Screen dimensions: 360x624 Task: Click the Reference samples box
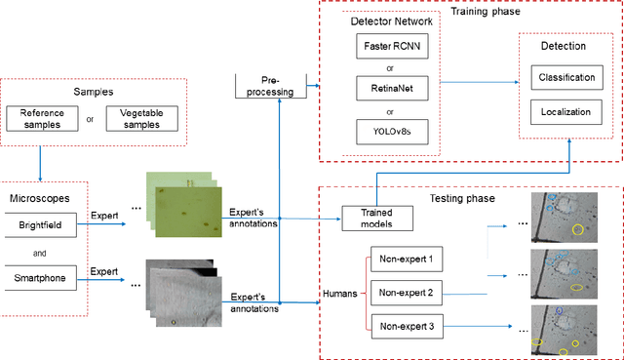(42, 118)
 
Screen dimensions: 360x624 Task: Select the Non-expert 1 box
(408, 260)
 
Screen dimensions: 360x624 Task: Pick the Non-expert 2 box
(408, 293)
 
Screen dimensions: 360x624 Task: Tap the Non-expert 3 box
(408, 327)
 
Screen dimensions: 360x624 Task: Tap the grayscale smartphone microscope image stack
(179, 292)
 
